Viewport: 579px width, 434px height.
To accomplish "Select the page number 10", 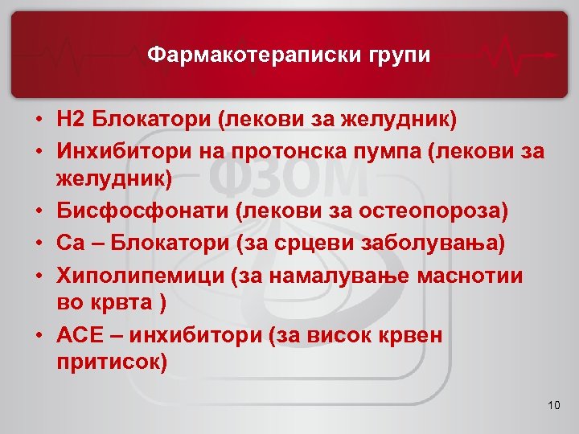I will click(552, 404).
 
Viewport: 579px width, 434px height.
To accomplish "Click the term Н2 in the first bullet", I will click(71, 121).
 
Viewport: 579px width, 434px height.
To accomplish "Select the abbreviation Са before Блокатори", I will click(69, 243).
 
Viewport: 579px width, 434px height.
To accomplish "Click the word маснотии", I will click(470, 274).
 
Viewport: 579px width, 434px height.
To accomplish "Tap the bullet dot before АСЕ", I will click(39, 335).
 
